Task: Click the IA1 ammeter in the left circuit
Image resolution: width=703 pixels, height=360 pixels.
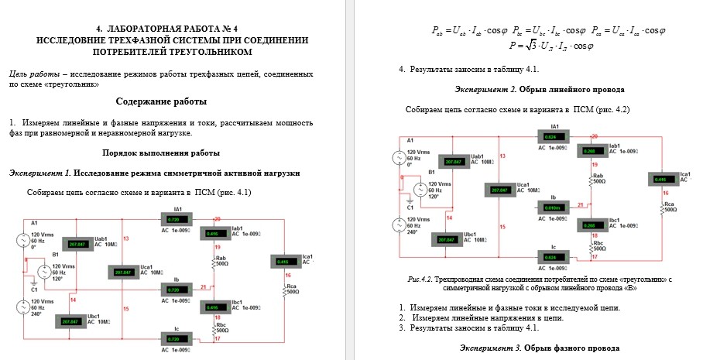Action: (x=178, y=219)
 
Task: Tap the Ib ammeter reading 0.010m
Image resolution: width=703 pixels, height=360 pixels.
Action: (x=554, y=207)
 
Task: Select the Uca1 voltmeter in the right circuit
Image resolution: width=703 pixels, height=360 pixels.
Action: (x=500, y=190)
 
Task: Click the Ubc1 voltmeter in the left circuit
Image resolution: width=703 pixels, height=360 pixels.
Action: (x=72, y=320)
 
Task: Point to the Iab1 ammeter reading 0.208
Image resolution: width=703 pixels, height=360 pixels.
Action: (x=590, y=150)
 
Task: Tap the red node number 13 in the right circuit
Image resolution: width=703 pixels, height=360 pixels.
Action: (x=503, y=156)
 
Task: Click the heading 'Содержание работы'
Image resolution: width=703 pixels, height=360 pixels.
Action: (x=161, y=101)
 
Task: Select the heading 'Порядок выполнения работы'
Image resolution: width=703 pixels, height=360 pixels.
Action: (x=161, y=152)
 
